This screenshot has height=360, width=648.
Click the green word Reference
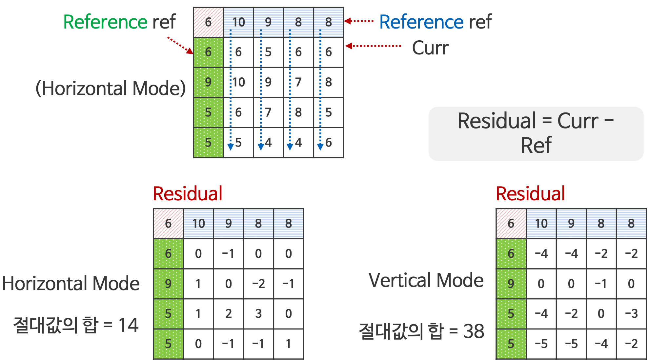point(105,22)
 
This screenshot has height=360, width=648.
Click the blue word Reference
point(421,22)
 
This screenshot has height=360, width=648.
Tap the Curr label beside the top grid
point(430,48)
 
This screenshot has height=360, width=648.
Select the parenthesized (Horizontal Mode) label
point(111,89)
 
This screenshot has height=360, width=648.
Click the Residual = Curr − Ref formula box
point(536,133)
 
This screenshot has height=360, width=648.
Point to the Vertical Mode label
point(426,281)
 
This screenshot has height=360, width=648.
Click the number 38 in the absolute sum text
point(474,331)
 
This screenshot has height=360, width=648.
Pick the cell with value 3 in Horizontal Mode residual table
point(258,314)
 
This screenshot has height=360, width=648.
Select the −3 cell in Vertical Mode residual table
point(631,314)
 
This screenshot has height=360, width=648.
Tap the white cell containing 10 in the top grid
point(239,82)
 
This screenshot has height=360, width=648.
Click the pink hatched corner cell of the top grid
point(208,22)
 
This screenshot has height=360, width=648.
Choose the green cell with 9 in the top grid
point(208,82)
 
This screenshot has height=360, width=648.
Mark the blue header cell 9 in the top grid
point(268,22)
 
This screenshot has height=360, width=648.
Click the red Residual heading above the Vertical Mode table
point(530,194)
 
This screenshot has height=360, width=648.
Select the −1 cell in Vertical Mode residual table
point(601,284)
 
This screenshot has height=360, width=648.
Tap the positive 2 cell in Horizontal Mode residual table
point(229,314)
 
